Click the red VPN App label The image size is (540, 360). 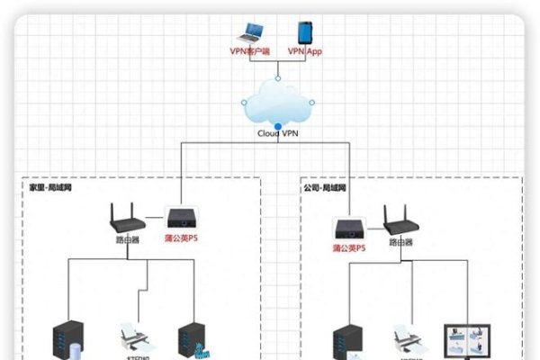point(304,52)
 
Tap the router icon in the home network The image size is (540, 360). point(124,220)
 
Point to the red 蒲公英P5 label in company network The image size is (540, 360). point(349,247)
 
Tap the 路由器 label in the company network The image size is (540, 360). point(400,243)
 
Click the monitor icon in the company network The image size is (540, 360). point(465,342)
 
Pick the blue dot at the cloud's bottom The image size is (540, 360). point(278,124)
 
